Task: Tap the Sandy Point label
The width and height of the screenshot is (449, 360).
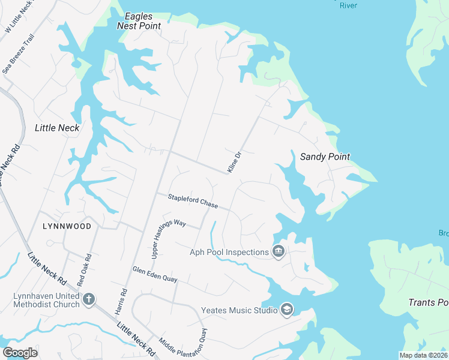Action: click(325, 157)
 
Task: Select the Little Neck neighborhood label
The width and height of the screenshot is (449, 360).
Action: click(57, 127)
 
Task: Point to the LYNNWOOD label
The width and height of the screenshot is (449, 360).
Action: click(67, 226)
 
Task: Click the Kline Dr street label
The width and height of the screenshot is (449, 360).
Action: click(234, 163)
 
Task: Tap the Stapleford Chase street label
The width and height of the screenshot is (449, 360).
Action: click(193, 201)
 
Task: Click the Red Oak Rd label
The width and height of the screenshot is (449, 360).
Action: click(84, 270)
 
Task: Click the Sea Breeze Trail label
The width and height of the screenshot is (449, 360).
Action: click(19, 53)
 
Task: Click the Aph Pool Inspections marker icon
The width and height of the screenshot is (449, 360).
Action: click(278, 251)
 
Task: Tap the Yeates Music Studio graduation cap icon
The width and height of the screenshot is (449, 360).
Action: click(287, 310)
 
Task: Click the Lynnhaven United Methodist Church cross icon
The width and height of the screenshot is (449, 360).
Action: click(89, 299)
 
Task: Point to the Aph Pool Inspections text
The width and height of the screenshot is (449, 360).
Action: click(228, 252)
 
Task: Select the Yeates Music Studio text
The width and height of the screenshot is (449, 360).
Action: click(239, 310)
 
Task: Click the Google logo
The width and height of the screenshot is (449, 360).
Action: click(20, 353)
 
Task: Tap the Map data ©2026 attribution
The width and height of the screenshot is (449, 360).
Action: click(423, 355)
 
